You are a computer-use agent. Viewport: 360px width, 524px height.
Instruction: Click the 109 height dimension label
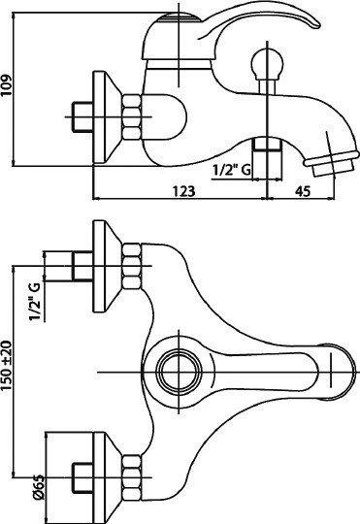[x=7, y=84]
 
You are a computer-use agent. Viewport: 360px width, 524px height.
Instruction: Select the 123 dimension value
[x=183, y=191]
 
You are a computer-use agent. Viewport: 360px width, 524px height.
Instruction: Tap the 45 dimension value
[x=303, y=191]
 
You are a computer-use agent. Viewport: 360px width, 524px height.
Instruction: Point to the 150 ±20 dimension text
[x=7, y=365]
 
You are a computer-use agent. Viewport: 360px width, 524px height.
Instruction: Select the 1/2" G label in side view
[x=231, y=171]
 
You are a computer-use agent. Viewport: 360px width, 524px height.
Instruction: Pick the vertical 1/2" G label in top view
[x=35, y=302]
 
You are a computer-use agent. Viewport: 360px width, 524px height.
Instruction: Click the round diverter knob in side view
[x=267, y=63]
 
